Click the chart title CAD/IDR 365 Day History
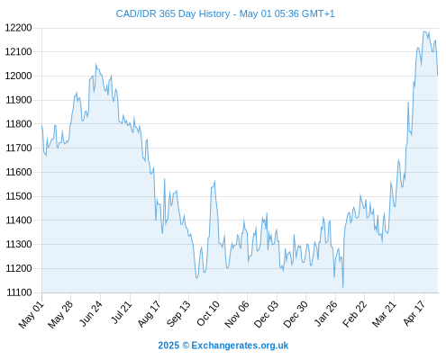173,13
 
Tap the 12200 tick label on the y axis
18,28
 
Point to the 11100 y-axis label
19,292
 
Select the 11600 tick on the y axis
19,172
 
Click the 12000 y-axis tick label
18,76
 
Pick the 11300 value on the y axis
19,244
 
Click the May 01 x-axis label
32,315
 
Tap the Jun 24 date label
91,314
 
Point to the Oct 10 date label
208,314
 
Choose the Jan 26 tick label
325,314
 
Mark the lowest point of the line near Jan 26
342,287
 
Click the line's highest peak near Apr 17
425,31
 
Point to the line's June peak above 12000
96,64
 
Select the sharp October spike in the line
214,180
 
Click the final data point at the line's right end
438,75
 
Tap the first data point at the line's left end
41,126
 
